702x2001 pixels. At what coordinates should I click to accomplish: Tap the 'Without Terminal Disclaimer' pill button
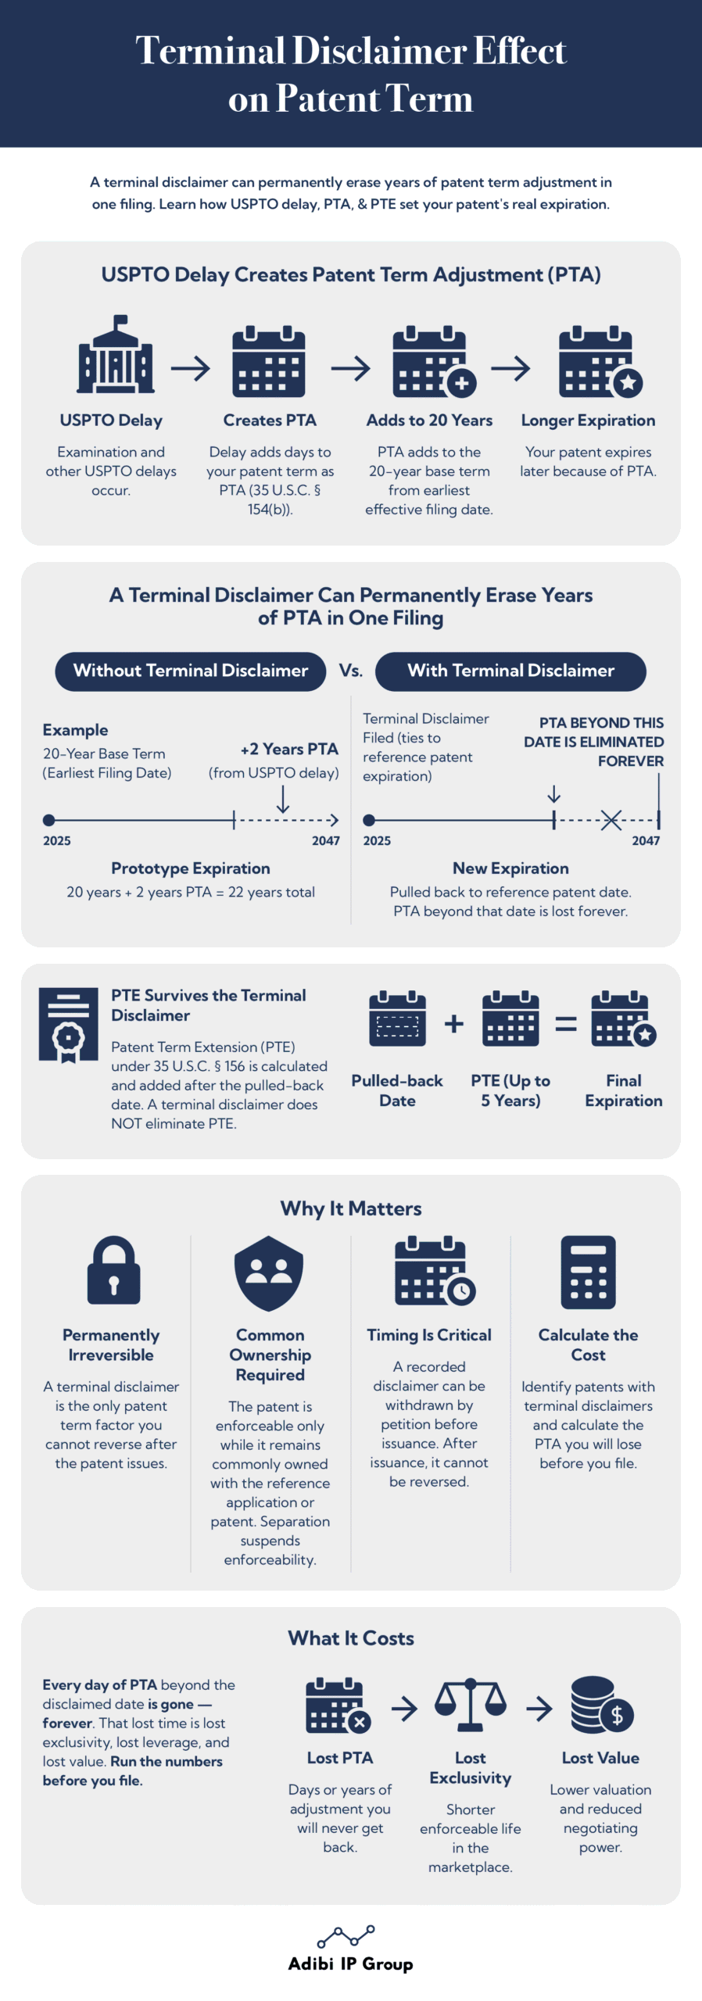point(190,671)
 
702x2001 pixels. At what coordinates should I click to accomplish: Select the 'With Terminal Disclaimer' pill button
point(510,671)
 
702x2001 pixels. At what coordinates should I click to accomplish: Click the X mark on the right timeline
point(611,820)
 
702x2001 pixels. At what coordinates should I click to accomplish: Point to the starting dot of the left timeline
point(48,820)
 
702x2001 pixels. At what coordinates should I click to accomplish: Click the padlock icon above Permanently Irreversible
point(113,1270)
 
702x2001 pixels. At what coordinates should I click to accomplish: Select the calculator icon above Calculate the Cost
point(588,1272)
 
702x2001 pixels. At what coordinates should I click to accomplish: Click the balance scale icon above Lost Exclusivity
point(470,1705)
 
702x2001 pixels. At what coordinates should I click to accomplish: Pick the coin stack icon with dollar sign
point(601,1705)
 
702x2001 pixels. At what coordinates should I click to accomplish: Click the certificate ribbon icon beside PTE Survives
point(69,1025)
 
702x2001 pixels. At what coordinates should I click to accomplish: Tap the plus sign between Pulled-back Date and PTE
point(454,1024)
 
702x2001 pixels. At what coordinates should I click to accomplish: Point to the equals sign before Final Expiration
point(566,1024)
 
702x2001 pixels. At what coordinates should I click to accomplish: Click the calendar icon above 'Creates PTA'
point(269,362)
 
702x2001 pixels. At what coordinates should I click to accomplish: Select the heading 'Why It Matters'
point(351,1208)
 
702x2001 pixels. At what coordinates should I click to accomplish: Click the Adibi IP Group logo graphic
point(346,1937)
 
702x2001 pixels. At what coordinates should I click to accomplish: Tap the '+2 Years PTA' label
point(289,749)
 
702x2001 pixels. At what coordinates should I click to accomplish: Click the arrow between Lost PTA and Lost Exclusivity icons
point(404,1709)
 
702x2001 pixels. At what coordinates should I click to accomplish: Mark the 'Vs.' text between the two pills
point(351,671)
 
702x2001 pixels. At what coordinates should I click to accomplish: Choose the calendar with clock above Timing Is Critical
point(435,1271)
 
